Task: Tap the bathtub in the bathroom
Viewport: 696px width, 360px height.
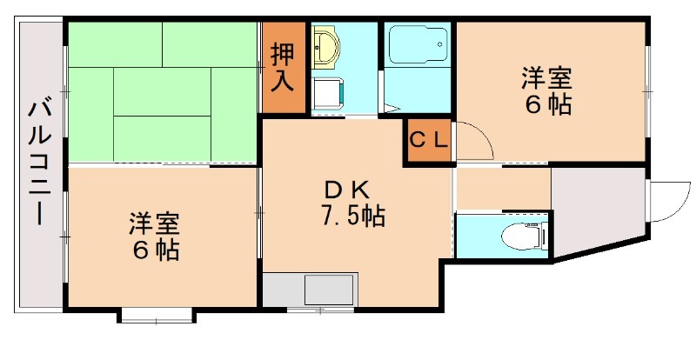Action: click(x=418, y=46)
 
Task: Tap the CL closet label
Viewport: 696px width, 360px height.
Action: click(x=427, y=139)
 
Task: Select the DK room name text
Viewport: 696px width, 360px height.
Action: click(x=348, y=189)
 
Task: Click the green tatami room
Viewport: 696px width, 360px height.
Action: click(x=161, y=91)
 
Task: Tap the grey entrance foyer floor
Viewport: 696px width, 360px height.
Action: click(x=599, y=209)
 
